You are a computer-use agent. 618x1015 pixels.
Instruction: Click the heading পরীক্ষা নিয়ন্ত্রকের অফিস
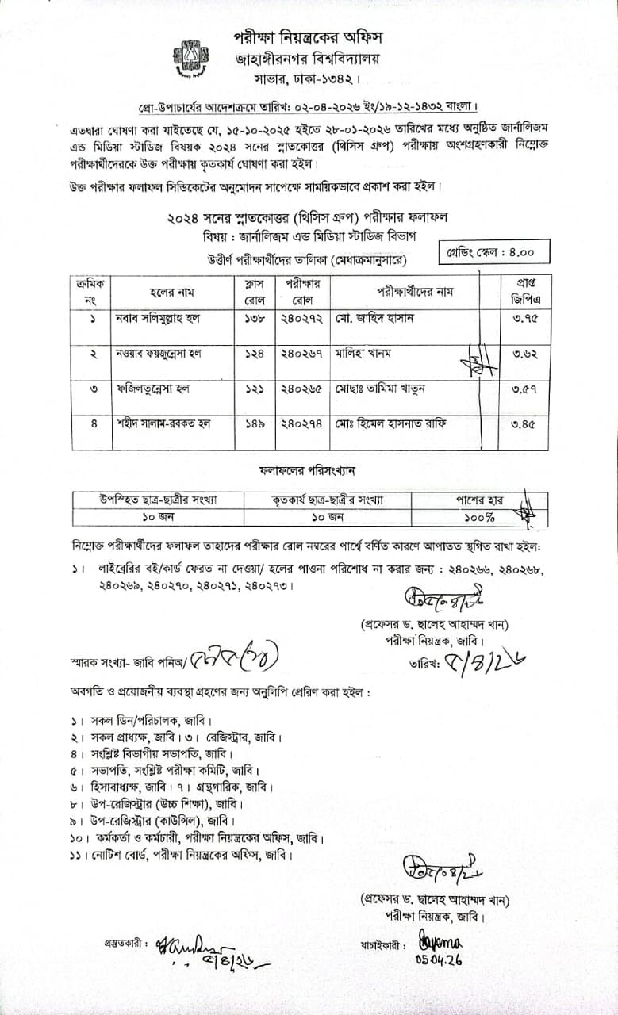(x=307, y=37)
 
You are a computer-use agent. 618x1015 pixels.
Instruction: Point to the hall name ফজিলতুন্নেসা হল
(x=153, y=389)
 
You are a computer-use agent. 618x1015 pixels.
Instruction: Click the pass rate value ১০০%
(x=480, y=517)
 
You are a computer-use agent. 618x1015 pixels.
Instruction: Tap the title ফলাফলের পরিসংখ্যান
(x=308, y=470)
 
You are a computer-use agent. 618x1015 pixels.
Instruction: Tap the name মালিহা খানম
(x=363, y=354)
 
